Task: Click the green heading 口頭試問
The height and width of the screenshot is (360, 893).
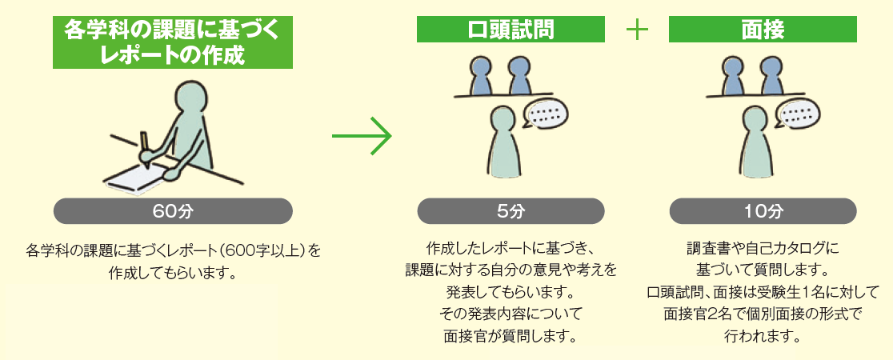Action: click(x=511, y=29)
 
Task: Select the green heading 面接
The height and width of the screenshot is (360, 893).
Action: click(x=763, y=29)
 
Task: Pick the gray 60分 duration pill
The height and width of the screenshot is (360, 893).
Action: click(x=173, y=211)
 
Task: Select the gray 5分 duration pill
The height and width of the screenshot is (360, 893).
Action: click(x=511, y=211)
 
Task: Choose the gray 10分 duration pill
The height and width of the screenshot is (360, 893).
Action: click(x=763, y=211)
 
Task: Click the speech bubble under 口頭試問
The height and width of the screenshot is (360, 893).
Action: click(x=546, y=114)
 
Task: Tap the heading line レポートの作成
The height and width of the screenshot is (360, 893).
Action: click(x=172, y=55)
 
